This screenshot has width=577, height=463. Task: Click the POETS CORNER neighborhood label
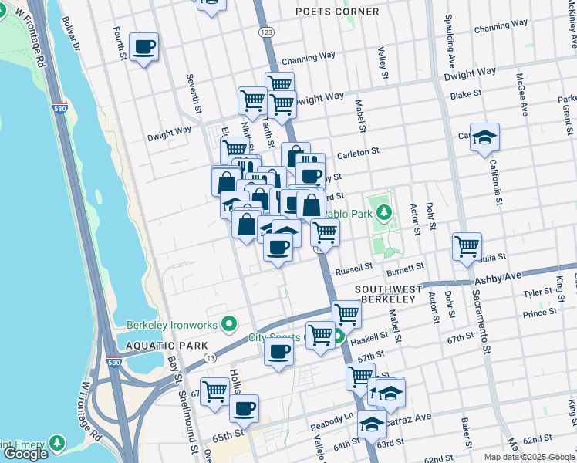pos(338,12)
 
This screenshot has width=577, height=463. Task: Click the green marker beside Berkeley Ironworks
pos(228,323)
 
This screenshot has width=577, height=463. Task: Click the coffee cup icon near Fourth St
pos(143,48)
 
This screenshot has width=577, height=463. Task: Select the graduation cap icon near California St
pos(484,139)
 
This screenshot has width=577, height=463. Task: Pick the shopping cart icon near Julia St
pos(467,247)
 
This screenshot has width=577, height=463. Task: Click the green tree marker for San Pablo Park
pos(384,211)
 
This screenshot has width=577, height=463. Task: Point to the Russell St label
pos(354,269)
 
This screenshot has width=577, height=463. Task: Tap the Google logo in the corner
pos(25,454)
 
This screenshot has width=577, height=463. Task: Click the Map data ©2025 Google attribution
pos(529,457)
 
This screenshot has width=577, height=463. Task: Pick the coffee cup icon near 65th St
pos(244,409)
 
